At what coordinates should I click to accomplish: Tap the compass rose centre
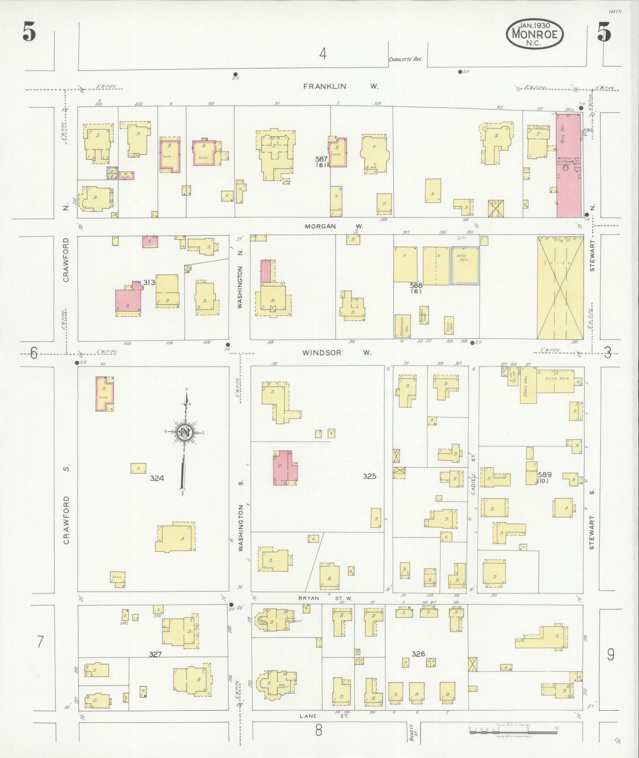pos(184,432)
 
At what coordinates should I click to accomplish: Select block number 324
pos(157,478)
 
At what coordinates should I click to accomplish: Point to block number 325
pos(369,476)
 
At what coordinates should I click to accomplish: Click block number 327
pos(155,655)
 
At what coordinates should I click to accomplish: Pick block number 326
pos(418,654)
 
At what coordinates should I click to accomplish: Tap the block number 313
pos(149,283)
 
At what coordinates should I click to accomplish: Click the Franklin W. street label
pos(341,87)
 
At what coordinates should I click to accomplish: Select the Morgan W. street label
pos(333,226)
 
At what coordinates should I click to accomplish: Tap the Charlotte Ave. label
pos(406,59)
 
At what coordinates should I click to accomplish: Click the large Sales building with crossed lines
pos(560,288)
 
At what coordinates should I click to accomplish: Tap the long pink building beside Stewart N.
pos(568,165)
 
